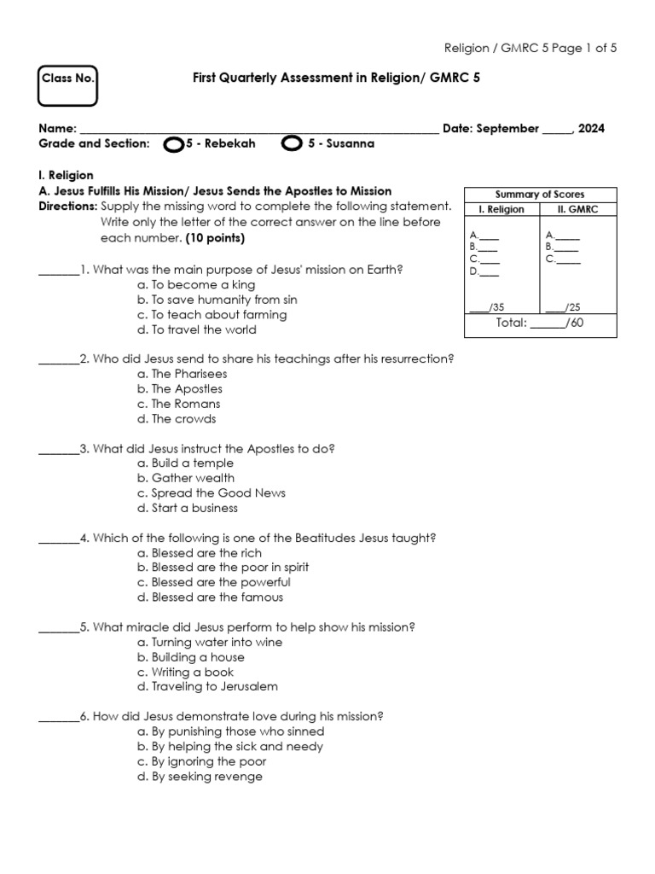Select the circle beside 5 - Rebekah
tap(172, 144)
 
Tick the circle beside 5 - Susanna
tap(291, 143)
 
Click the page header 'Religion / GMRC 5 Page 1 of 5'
tap(530, 48)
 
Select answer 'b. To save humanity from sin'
tap(217, 300)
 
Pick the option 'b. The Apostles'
tap(179, 388)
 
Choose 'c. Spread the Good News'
tap(211, 493)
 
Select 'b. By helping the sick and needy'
tap(229, 747)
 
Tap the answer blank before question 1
tap(59, 271)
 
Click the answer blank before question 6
tap(59, 719)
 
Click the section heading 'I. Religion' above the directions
tap(67, 176)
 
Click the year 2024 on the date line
tap(591, 129)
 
